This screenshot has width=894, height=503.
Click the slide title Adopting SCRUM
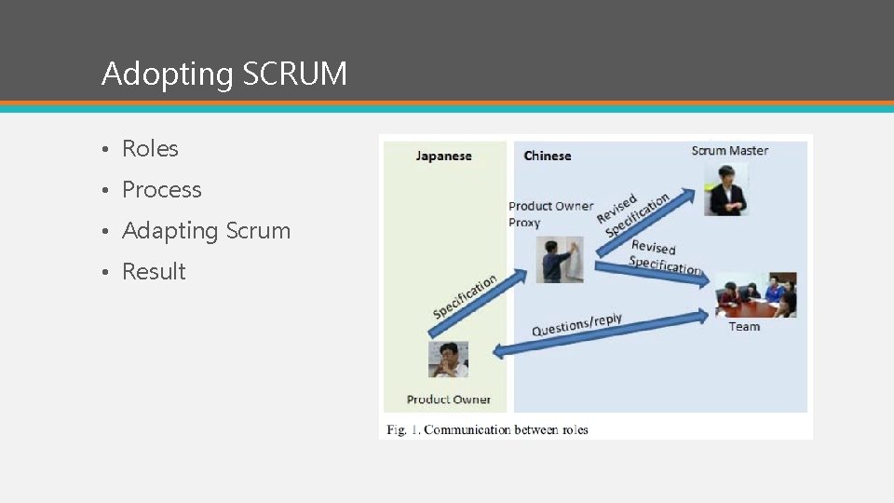click(223, 74)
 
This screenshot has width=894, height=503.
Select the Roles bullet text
click(150, 149)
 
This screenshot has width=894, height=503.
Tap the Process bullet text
click(162, 190)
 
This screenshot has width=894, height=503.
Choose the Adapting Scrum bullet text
click(206, 231)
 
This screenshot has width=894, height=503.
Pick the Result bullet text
click(154, 272)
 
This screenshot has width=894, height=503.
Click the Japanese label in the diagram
click(443, 156)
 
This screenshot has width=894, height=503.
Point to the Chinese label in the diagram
click(548, 156)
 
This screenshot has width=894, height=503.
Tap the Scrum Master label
click(729, 151)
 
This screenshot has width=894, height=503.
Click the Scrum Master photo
click(725, 190)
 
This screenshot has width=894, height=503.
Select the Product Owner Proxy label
click(549, 214)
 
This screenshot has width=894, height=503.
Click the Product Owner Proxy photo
click(559, 260)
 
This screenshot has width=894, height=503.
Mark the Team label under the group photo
click(744, 327)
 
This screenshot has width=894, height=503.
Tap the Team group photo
click(755, 295)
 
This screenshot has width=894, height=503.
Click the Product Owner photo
click(448, 359)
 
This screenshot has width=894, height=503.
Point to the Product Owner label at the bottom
click(448, 400)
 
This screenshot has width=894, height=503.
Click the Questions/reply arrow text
click(576, 325)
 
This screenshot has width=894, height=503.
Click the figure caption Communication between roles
click(487, 430)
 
